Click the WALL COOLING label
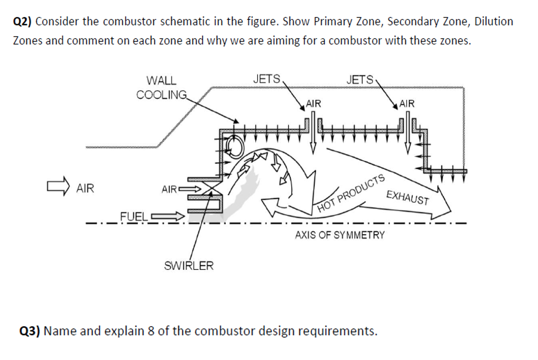161,88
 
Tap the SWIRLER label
189,266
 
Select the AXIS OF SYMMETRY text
339,235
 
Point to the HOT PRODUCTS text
351,193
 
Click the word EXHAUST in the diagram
407,197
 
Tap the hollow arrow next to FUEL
167,216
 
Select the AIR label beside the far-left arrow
85,188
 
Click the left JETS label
266,79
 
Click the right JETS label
360,80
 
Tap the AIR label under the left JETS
314,104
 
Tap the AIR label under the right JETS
407,104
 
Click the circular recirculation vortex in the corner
235,148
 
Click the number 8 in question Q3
151,331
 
